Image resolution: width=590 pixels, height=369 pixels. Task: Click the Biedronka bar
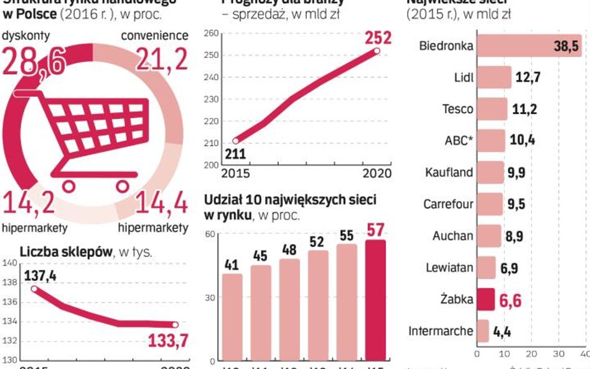click(x=529, y=45)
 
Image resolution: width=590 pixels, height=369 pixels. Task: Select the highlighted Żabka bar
click(x=485, y=299)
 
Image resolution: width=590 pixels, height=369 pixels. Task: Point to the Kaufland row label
click(x=449, y=172)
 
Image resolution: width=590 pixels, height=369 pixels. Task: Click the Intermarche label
click(x=441, y=331)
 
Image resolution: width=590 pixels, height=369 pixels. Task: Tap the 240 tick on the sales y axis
click(x=212, y=78)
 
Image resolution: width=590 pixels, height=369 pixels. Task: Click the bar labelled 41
click(x=232, y=317)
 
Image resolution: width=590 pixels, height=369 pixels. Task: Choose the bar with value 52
click(x=318, y=306)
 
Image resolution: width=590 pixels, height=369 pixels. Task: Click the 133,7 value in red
click(x=167, y=341)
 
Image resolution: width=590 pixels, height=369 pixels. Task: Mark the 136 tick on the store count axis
click(x=9, y=302)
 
